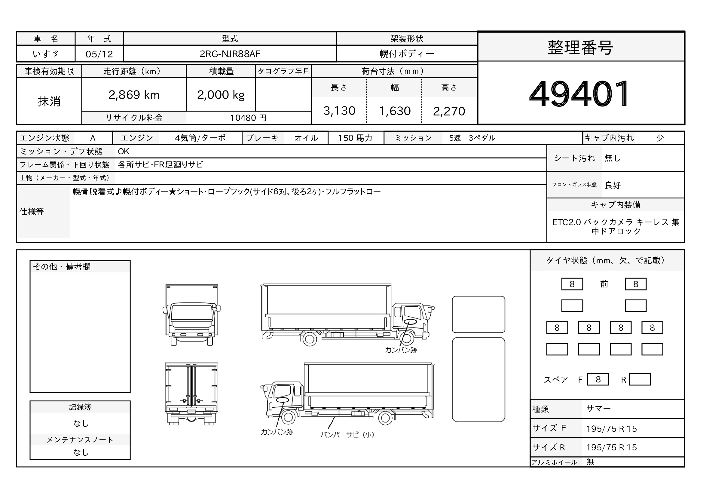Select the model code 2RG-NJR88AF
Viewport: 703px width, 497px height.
point(230,54)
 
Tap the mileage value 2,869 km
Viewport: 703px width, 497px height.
point(134,95)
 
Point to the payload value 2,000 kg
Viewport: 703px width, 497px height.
point(221,95)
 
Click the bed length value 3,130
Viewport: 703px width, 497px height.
point(339,111)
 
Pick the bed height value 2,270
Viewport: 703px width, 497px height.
point(449,111)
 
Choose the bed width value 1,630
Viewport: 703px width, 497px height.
point(395,111)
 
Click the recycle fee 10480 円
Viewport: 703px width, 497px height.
point(248,118)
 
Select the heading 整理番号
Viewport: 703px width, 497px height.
point(580,48)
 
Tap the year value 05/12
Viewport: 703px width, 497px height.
point(99,54)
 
